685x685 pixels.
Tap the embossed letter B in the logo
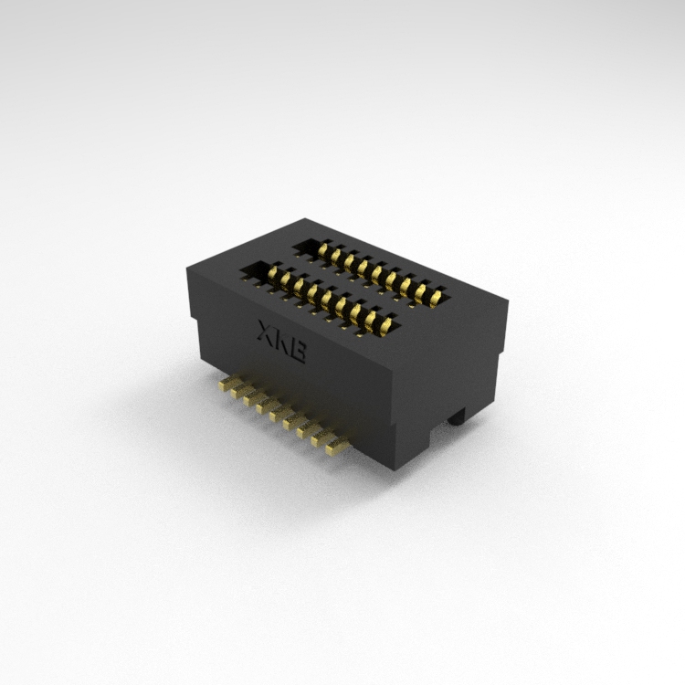(x=298, y=352)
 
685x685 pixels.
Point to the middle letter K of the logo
(x=283, y=342)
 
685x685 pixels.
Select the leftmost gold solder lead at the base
(x=227, y=384)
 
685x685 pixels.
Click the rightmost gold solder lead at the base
(x=337, y=447)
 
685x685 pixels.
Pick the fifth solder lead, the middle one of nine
(x=279, y=414)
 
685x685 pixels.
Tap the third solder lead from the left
(x=253, y=399)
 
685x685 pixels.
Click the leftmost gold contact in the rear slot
(x=323, y=250)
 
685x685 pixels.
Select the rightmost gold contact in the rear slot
(x=436, y=298)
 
